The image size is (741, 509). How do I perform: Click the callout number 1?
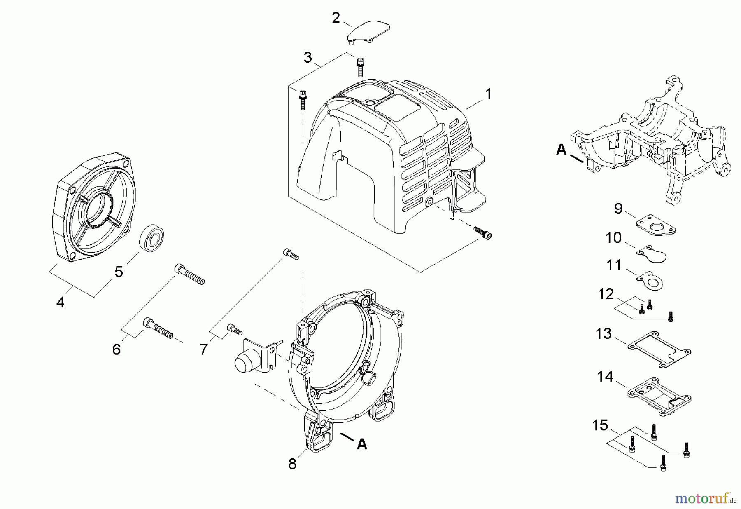[488, 94]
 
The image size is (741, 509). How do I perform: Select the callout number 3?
[308, 58]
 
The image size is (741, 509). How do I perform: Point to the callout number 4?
[61, 303]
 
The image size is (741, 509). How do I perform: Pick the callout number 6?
[117, 349]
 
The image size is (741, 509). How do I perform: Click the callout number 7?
[203, 349]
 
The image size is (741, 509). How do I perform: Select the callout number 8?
[292, 464]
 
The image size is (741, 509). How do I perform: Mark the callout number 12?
[606, 294]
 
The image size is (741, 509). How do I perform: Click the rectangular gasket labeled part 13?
[659, 350]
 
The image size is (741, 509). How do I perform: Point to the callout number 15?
[600, 425]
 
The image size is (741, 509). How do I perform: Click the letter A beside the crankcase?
[561, 150]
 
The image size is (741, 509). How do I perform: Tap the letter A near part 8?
[362, 444]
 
